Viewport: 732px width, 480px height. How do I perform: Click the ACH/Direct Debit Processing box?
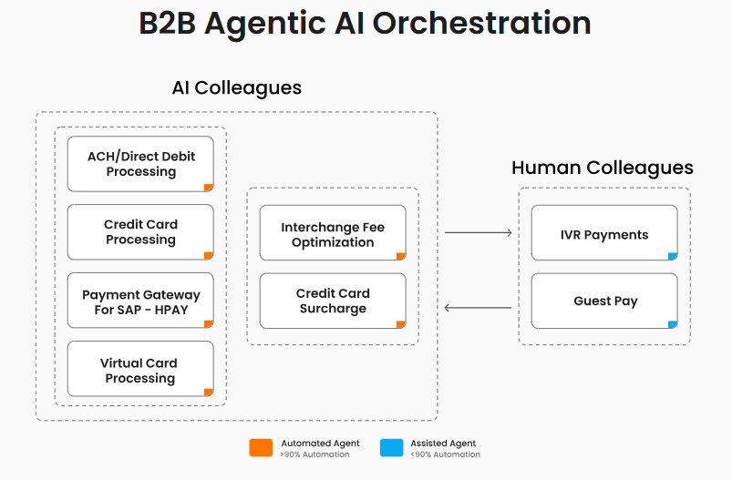coord(140,164)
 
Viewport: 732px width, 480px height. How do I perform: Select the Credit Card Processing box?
coord(140,232)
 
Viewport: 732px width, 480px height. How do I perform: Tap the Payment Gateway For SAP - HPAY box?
coord(140,301)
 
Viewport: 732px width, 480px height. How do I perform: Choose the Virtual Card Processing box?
coord(140,369)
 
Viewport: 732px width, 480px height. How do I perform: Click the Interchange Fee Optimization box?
coord(333,233)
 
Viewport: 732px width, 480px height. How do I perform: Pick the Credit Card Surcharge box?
coord(333,301)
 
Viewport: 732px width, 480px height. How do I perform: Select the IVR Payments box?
coord(604,233)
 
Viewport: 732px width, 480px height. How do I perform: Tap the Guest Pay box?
coord(604,301)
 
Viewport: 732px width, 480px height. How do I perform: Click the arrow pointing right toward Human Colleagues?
coord(479,233)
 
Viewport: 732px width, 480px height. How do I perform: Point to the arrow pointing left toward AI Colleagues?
coord(479,308)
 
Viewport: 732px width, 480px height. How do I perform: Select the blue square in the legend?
coord(391,447)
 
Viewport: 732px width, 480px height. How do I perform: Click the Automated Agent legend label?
coord(320,444)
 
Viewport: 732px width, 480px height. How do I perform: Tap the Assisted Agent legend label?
coord(443,444)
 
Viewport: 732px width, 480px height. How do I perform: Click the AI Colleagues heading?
coord(236,88)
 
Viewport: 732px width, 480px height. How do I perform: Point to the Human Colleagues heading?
coord(603,168)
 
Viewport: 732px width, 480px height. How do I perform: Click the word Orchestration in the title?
coord(481,24)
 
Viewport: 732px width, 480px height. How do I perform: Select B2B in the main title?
coord(168,24)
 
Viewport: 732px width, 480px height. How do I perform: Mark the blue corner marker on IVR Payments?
coord(673,257)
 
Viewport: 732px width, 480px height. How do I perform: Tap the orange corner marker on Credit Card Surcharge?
coord(401,325)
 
